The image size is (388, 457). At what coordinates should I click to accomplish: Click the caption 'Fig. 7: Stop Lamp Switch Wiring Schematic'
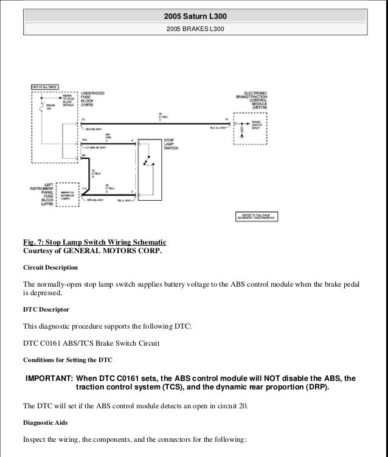[x=94, y=242]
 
